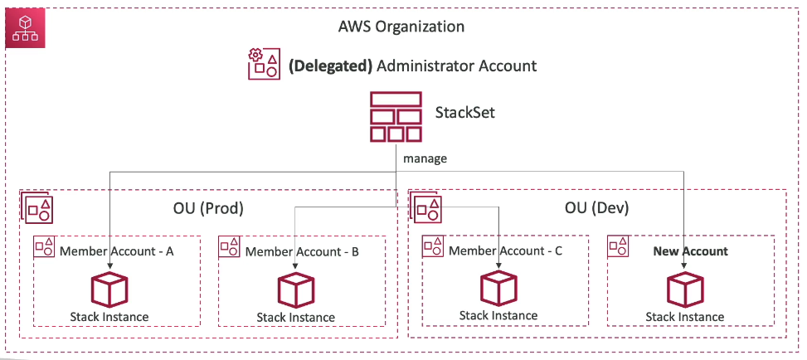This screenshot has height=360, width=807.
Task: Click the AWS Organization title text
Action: [x=401, y=27]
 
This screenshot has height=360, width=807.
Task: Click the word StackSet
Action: [x=465, y=112]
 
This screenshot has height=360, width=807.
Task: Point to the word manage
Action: [x=425, y=158]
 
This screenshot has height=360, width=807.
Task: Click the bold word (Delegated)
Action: [x=330, y=66]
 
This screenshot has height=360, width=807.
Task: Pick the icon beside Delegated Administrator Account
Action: [x=264, y=65]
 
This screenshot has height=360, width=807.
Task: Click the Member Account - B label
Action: [x=302, y=251]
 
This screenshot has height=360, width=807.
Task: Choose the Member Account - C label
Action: [x=505, y=250]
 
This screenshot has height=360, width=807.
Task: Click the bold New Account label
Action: [x=690, y=251]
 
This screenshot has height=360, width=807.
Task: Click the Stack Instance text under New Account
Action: [x=685, y=317]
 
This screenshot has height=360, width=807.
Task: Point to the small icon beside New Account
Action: [x=619, y=246]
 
